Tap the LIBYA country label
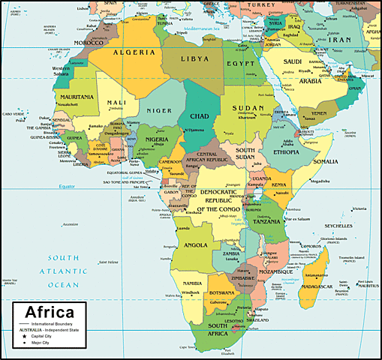[192, 58]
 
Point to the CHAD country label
[199, 115]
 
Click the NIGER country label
[158, 110]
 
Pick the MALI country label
[116, 102]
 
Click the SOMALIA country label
[326, 162]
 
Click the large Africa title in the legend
[50, 312]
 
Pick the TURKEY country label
[263, 4]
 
